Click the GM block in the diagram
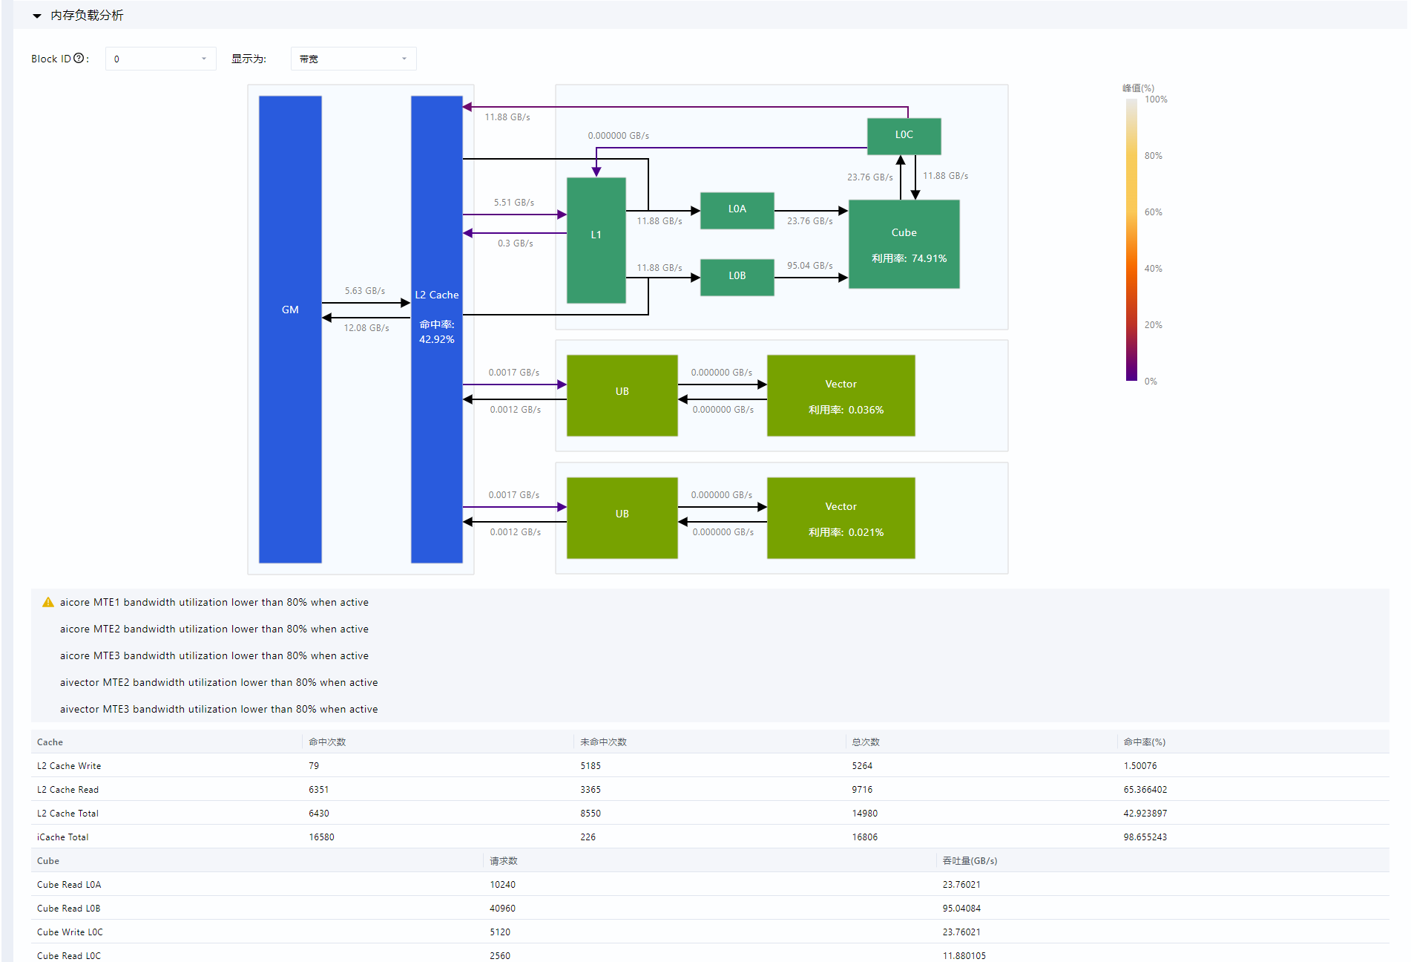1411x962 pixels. pos(290,329)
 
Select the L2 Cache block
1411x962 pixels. pos(437,329)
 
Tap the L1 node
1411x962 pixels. pos(596,240)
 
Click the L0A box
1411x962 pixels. pos(737,211)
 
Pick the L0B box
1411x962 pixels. pos(737,278)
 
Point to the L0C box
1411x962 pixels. pos(904,137)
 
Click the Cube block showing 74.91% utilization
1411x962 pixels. pos(904,244)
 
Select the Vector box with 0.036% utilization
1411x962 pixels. pos(841,396)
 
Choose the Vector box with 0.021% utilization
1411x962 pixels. pos(841,518)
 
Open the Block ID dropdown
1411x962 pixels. pos(161,59)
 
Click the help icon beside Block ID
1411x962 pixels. pos(79,58)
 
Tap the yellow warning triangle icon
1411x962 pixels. pos(48,602)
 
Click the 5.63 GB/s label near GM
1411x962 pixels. pos(365,291)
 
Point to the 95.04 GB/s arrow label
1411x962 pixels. pos(810,266)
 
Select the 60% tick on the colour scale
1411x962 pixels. pos(1154,212)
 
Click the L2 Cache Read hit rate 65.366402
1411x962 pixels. pos(1145,790)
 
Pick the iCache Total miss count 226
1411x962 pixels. pos(588,837)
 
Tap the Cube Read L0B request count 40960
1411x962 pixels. pos(503,909)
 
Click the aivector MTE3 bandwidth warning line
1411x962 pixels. pos(219,709)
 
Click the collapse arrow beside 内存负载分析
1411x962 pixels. pos(37,16)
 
